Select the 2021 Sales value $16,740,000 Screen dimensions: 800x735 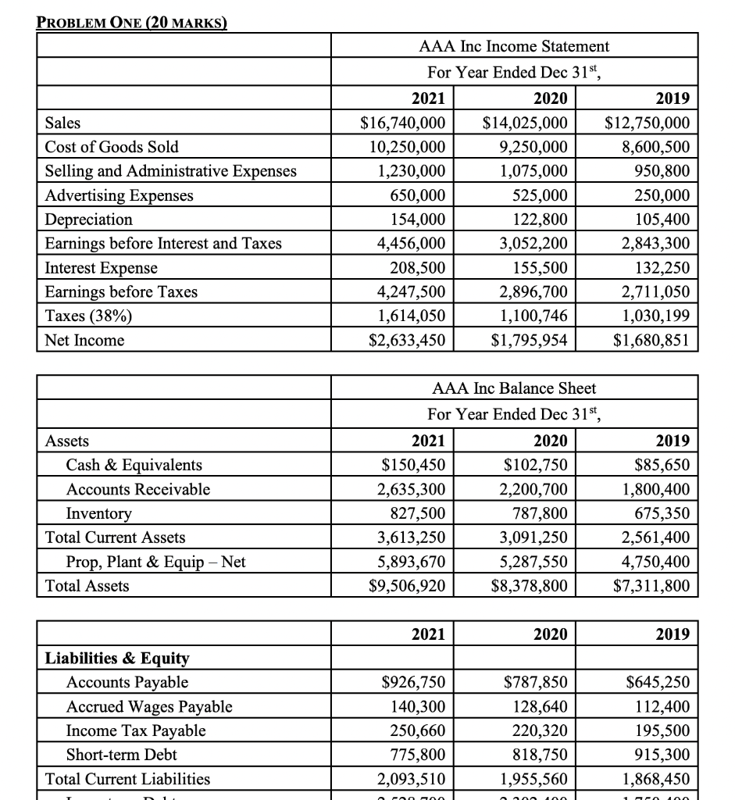click(x=402, y=123)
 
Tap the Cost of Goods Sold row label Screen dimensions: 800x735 click(x=112, y=147)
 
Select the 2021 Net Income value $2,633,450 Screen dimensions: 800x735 click(x=402, y=340)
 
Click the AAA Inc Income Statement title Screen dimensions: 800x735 click(x=514, y=46)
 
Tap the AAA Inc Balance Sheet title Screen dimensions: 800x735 click(x=514, y=388)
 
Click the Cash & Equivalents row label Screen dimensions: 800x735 click(x=134, y=465)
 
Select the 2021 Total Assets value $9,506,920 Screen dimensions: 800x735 click(x=403, y=585)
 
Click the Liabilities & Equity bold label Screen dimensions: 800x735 click(x=117, y=658)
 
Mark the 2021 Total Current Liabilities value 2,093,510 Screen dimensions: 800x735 click(x=407, y=779)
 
